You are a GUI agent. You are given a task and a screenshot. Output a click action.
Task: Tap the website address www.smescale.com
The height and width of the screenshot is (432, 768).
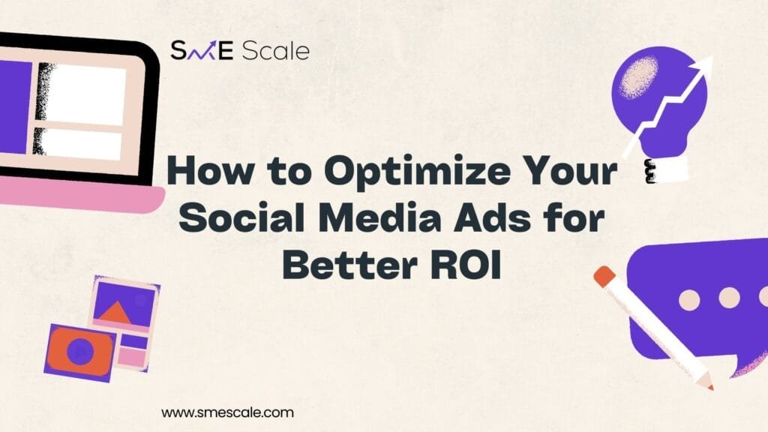click(228, 412)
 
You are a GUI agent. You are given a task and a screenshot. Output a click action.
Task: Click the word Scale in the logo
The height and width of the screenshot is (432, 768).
click(276, 51)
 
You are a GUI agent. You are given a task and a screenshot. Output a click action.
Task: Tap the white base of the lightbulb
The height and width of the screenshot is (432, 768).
click(668, 172)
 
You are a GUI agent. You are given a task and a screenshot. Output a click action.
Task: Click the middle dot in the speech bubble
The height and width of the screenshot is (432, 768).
click(729, 298)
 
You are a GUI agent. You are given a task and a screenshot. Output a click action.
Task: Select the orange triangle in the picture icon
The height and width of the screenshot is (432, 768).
click(115, 312)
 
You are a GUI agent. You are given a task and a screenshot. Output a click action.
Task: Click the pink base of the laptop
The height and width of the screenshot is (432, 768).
click(81, 195)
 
